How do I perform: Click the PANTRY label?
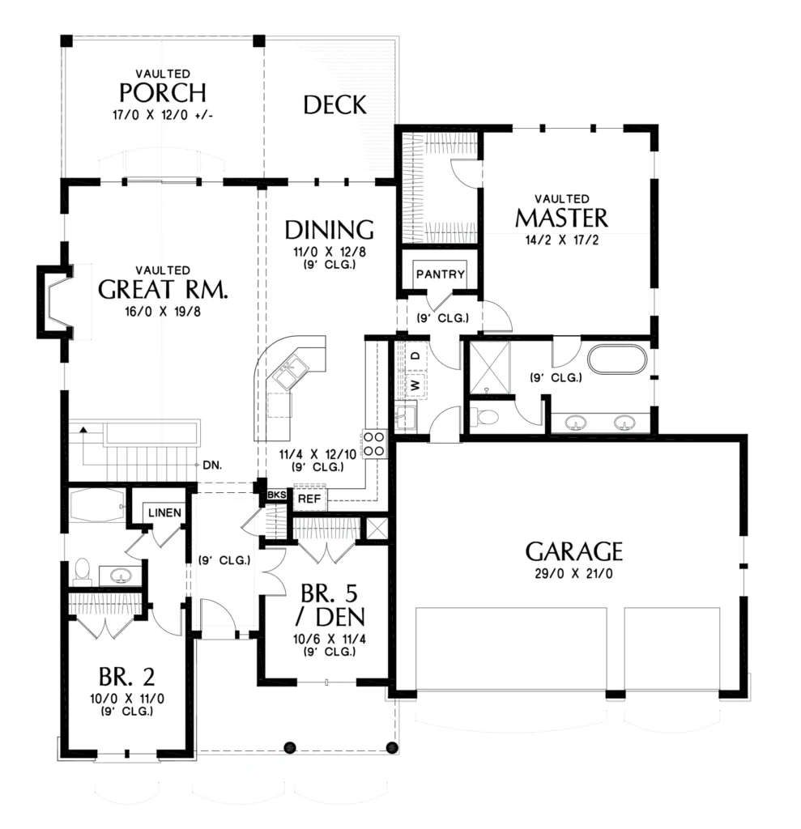(440, 274)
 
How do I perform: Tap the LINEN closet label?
(164, 512)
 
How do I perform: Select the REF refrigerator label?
(309, 499)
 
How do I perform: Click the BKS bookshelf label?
(277, 495)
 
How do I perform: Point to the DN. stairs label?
(212, 466)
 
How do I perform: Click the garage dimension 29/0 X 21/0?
(573, 574)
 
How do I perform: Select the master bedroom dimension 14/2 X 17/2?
(562, 240)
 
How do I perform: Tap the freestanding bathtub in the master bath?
(618, 360)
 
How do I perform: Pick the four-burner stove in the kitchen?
(374, 444)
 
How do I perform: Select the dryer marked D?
(415, 356)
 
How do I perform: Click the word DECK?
(334, 105)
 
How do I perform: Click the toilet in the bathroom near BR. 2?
(82, 572)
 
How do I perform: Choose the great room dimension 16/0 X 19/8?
(163, 312)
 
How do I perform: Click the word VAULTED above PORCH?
(163, 74)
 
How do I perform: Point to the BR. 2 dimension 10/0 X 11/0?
(127, 699)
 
